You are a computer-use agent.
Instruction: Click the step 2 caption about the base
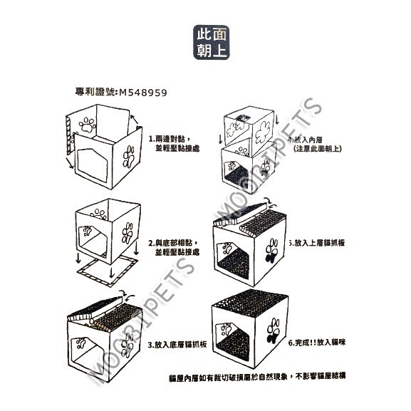pyautogui.click(x=173, y=246)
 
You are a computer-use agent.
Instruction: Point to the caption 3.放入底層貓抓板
pyautogui.click(x=177, y=344)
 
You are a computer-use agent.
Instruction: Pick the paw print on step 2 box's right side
pyautogui.click(x=129, y=234)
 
